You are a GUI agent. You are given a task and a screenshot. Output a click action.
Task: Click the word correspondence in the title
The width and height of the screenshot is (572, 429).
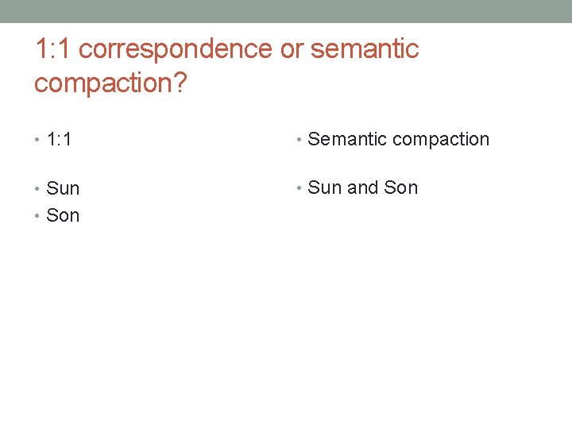click(x=176, y=49)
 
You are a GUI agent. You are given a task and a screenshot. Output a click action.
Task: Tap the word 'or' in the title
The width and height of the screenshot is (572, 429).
click(x=291, y=49)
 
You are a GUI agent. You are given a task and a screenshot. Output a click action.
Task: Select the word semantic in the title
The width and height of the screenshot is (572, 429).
click(x=365, y=49)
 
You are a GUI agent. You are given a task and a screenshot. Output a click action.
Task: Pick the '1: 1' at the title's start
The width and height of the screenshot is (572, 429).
click(x=53, y=49)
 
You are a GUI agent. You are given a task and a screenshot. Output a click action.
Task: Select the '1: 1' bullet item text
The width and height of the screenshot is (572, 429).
click(x=60, y=140)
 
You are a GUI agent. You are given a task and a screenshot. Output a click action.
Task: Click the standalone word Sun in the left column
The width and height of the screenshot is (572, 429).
click(x=63, y=189)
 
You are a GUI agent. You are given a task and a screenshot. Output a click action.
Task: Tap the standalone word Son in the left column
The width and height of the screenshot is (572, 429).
click(x=63, y=215)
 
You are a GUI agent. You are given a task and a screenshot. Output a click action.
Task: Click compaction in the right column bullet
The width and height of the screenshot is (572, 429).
click(x=441, y=140)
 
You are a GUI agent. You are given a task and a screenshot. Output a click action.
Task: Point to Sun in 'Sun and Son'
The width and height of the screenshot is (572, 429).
click(x=324, y=188)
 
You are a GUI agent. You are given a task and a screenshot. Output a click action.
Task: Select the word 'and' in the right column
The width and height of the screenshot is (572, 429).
click(x=363, y=188)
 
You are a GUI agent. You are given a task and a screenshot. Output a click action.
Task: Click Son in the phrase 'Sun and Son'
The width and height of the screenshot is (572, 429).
click(x=400, y=188)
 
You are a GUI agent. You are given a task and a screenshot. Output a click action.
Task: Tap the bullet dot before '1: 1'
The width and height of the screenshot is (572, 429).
click(x=38, y=141)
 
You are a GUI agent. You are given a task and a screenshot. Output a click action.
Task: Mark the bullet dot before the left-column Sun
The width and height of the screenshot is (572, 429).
click(x=38, y=189)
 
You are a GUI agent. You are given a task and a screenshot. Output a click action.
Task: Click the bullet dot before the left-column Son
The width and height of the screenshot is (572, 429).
click(x=38, y=215)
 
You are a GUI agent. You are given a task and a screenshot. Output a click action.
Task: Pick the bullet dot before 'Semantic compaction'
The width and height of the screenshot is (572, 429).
click(x=299, y=141)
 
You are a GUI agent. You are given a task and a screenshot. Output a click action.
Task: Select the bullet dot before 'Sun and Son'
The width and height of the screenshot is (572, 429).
click(x=299, y=189)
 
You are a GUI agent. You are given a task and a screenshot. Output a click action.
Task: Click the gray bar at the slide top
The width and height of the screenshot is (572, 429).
click(x=286, y=11)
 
